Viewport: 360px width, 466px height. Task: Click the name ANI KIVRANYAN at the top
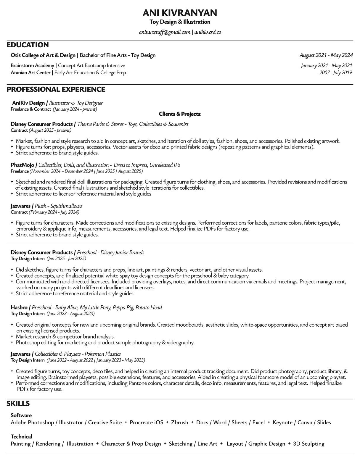coord(180,13)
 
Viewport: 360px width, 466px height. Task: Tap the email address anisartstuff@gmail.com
coord(164,32)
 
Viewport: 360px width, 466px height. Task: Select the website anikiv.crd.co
coord(208,32)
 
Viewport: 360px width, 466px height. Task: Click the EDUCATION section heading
coord(28,45)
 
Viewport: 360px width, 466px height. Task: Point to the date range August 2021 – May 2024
coord(326,55)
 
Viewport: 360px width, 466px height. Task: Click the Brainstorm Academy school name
coord(32,65)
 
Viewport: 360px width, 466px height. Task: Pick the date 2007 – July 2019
coord(335,72)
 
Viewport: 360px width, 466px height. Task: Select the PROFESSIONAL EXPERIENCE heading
coord(56,89)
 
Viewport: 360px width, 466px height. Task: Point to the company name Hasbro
coord(19,307)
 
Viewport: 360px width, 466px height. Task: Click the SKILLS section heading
coord(18,404)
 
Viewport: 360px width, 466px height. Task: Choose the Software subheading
coord(21,415)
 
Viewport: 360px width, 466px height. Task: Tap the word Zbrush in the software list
coord(179,423)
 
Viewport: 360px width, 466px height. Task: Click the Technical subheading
coord(21,436)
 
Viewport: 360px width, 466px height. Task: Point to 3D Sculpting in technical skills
coord(308,444)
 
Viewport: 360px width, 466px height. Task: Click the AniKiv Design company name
coord(28,103)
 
